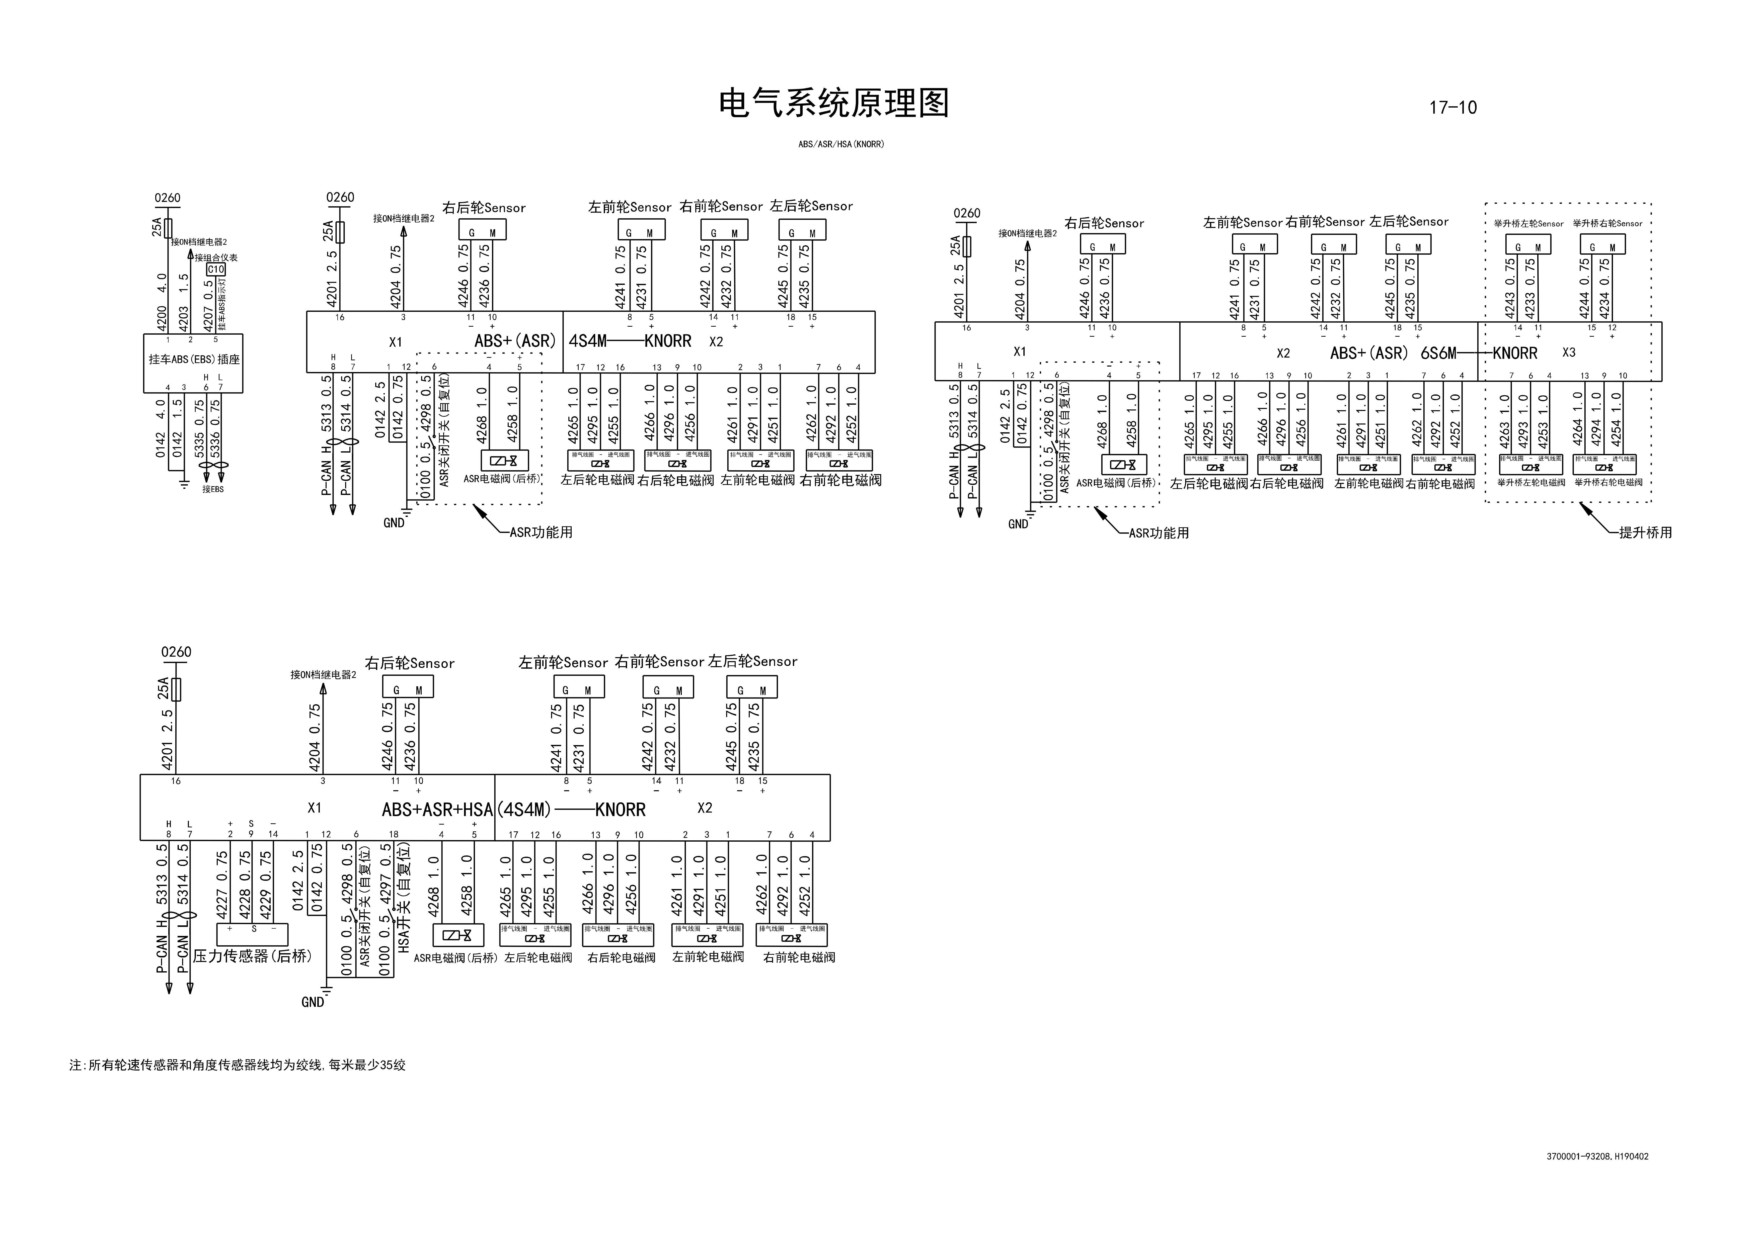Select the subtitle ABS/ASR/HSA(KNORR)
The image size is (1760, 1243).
[841, 144]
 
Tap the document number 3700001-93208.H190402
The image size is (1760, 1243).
[1597, 1157]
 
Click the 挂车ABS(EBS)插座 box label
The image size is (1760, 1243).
[194, 360]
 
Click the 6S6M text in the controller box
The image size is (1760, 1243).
[1438, 353]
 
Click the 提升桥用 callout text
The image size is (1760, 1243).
[1645, 532]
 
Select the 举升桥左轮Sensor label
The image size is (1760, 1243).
[1528, 224]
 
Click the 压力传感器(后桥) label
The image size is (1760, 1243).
[252, 956]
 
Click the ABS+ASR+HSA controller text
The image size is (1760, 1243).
[437, 810]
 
